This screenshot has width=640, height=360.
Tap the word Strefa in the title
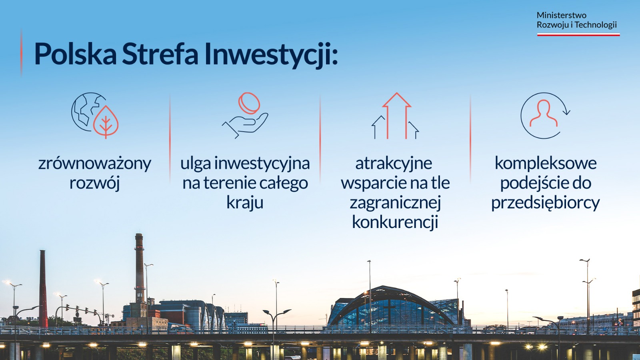(160, 54)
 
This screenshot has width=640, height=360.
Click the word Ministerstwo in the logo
(562, 15)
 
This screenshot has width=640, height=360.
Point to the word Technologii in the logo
(596, 25)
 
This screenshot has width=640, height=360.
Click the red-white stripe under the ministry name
(578, 34)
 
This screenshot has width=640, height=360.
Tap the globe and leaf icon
(95, 116)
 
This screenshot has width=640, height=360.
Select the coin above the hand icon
(249, 103)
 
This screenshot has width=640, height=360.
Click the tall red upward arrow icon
(396, 116)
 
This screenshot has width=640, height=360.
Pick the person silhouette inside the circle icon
(544, 113)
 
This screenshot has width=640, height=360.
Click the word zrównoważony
(94, 164)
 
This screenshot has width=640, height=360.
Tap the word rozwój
(94, 183)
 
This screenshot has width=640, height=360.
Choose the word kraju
(245, 203)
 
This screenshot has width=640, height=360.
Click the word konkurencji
(395, 222)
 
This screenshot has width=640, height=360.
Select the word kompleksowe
(546, 164)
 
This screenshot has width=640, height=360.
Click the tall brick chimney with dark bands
(140, 268)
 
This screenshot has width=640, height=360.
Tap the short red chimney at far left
(43, 288)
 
